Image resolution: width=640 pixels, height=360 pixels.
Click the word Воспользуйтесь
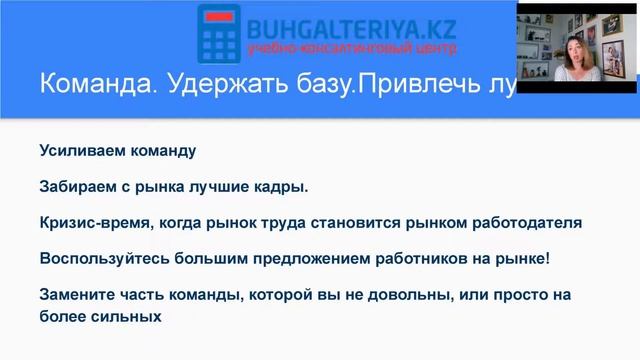(103, 259)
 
